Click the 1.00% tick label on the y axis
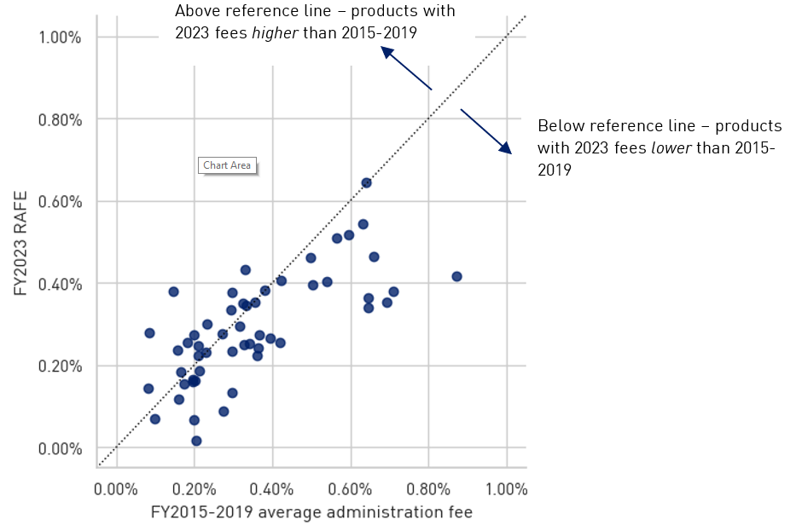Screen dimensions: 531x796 point(60,38)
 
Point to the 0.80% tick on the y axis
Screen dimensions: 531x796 point(60,119)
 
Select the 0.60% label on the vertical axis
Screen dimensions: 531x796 point(60,202)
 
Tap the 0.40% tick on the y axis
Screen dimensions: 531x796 point(60,284)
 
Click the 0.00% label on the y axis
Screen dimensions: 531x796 point(60,448)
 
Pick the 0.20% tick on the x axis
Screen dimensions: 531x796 point(194,490)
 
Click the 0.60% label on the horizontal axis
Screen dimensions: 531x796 point(350,490)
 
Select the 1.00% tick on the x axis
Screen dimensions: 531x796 point(507,490)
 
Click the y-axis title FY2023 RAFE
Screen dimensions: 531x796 point(20,243)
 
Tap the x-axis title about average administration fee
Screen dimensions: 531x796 point(311,512)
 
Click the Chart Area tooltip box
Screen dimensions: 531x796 point(227,165)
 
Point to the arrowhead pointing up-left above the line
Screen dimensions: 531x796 point(386,51)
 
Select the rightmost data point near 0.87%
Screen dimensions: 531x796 point(456,276)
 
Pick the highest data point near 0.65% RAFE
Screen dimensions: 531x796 point(366,182)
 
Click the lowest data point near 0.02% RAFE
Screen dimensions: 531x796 point(196,441)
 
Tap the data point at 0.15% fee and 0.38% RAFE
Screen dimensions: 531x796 point(173,291)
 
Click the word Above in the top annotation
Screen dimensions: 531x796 point(196,12)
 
